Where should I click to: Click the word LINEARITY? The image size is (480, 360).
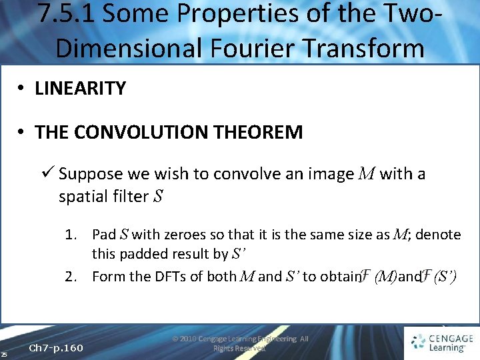click(x=80, y=89)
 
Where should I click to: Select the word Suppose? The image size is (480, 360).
click(x=91, y=174)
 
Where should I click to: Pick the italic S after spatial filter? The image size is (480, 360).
click(x=158, y=197)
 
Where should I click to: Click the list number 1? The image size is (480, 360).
click(x=72, y=234)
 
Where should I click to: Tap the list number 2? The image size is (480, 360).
click(x=72, y=276)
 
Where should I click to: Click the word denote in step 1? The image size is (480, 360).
click(x=437, y=234)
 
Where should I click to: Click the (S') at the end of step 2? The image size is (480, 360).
click(x=444, y=276)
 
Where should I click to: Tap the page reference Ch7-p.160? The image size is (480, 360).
click(x=57, y=348)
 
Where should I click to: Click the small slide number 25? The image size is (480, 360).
click(x=4, y=353)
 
